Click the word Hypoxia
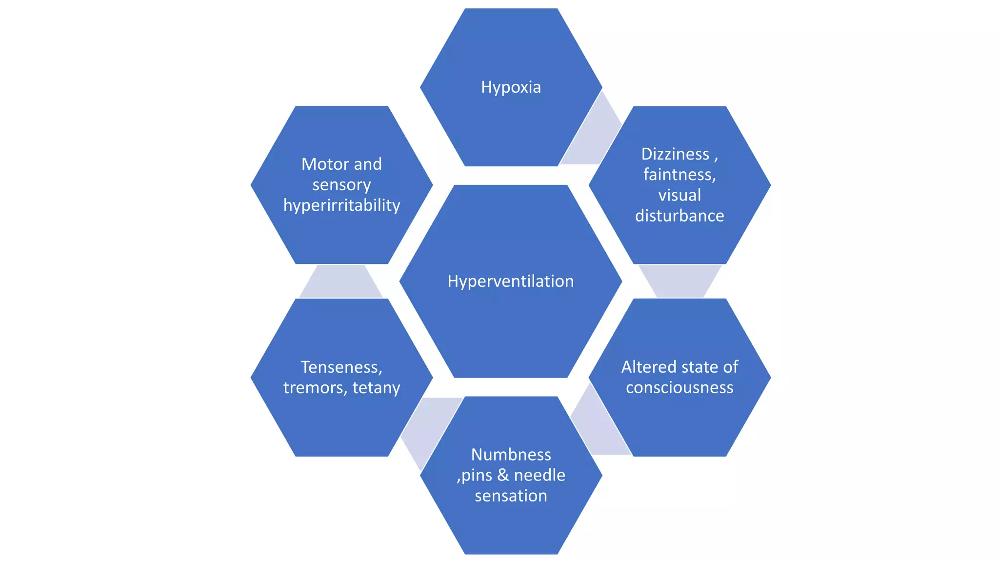tap(511, 87)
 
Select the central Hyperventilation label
tap(511, 281)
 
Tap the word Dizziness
tap(675, 154)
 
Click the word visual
tap(679, 195)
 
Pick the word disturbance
tap(679, 216)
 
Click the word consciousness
tap(679, 387)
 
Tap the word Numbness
tap(511, 455)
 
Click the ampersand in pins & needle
tap(503, 475)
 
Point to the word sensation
tap(511, 496)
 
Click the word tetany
tap(376, 388)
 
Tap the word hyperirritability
tap(341, 205)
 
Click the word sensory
tap(341, 185)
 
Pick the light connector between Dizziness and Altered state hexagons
tap(680, 281)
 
